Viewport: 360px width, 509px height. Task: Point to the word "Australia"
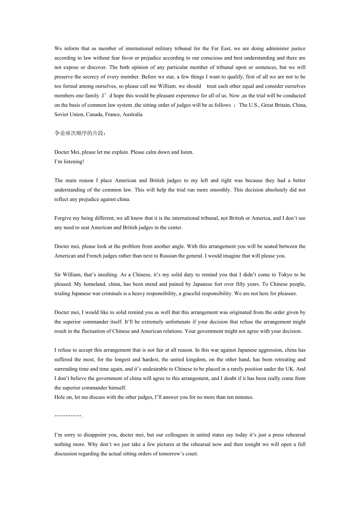(132, 115)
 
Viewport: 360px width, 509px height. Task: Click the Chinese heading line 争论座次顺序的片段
(80, 133)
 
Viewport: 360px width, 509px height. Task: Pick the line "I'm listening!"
(69, 161)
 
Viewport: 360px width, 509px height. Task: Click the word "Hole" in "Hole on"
(60, 398)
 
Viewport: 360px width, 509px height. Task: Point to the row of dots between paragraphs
(68, 416)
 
